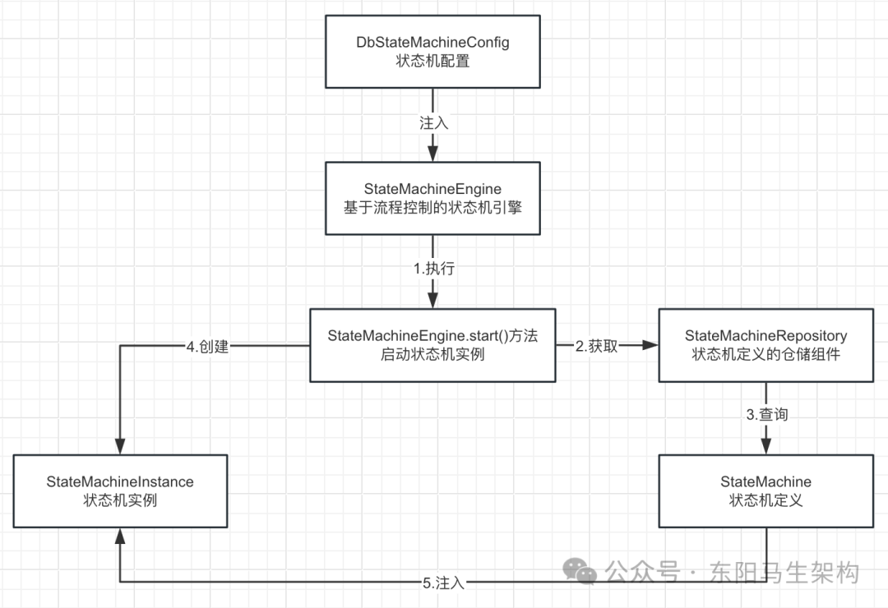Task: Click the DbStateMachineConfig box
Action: tap(432, 51)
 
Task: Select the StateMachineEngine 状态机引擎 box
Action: tap(432, 198)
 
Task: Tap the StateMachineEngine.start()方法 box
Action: tap(432, 345)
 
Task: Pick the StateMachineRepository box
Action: tap(765, 345)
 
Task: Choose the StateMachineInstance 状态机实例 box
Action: tap(120, 491)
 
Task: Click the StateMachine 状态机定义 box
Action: tap(765, 491)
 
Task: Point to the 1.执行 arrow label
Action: tap(432, 269)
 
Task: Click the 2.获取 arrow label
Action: tap(596, 346)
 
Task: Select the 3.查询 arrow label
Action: tap(766, 415)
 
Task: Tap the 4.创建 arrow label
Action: tap(207, 346)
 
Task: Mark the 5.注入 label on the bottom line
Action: tap(444, 583)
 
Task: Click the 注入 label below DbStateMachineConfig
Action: tap(432, 122)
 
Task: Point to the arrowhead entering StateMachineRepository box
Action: tap(649, 346)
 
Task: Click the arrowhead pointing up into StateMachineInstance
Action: tap(120, 537)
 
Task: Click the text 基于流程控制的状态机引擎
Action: tap(432, 208)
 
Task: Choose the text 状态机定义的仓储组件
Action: tap(765, 354)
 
